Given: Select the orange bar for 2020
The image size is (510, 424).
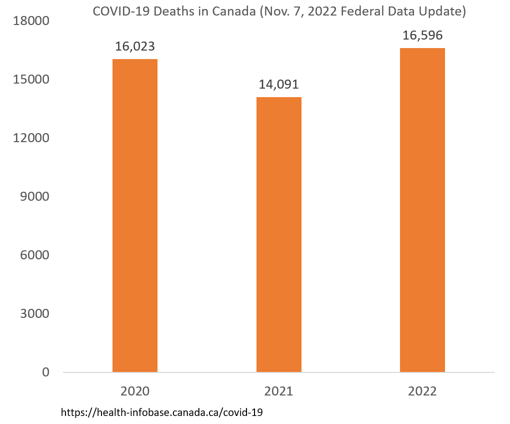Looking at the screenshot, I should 135,215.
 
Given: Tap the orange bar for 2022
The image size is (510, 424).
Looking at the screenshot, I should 422,210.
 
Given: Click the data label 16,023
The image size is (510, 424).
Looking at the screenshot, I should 135,47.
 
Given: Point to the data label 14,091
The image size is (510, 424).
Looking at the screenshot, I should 279,85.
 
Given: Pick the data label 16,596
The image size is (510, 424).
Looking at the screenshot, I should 422,36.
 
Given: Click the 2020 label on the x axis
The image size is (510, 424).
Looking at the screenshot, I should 135,391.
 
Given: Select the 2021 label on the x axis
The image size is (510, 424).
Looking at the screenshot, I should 279,391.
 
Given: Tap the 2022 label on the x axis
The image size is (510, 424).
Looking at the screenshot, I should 422,391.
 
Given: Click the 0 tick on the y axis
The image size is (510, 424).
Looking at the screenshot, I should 45,372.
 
